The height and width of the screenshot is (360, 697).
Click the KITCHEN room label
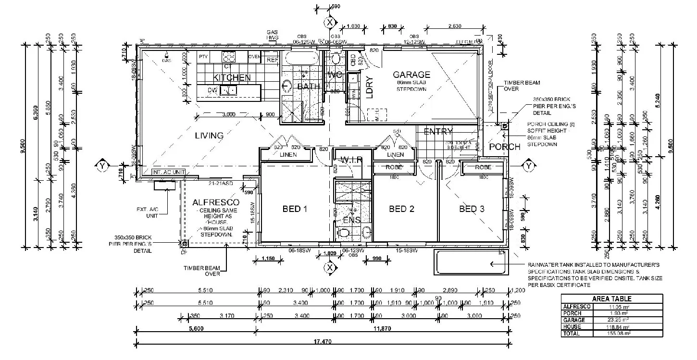click(x=232, y=77)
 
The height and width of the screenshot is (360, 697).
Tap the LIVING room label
click(x=209, y=136)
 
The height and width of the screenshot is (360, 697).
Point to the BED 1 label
click(x=295, y=209)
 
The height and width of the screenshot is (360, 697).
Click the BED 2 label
click(x=401, y=209)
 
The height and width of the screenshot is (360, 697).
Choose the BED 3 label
click(x=472, y=209)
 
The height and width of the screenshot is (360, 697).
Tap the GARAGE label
click(x=411, y=74)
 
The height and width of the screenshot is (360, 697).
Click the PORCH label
click(x=504, y=147)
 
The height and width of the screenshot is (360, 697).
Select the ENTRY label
click(x=438, y=132)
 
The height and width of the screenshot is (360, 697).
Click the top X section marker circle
click(x=329, y=22)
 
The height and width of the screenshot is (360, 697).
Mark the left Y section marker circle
click(x=102, y=166)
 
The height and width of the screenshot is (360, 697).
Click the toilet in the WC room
click(x=336, y=59)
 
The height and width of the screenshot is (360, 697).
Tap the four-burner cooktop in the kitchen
click(x=229, y=57)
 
